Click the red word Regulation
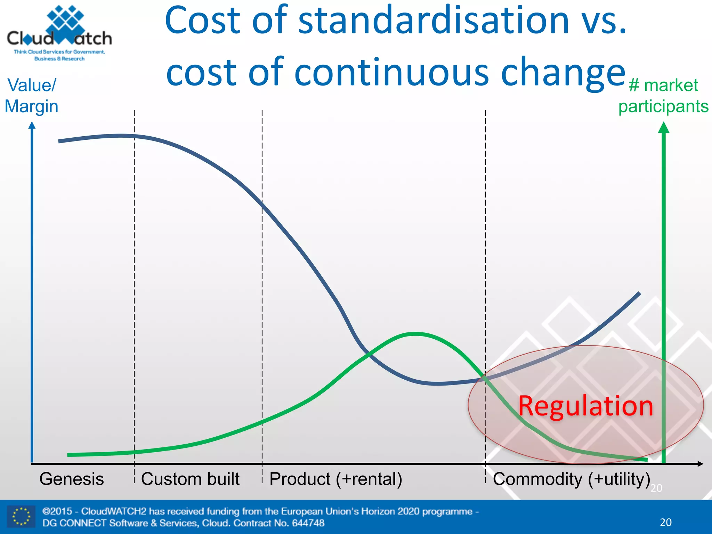tap(585, 406)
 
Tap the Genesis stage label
tap(72, 479)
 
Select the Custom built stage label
tap(190, 479)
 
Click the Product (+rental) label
tap(336, 479)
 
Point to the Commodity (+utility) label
tap(571, 479)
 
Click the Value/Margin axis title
tap(31, 96)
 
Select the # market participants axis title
tap(663, 96)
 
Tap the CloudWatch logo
tap(59, 33)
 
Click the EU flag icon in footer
tap(21, 516)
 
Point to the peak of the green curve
tap(415, 334)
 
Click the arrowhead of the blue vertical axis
tap(32, 125)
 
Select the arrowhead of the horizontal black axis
tap(701, 464)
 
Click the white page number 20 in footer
tap(665, 522)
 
